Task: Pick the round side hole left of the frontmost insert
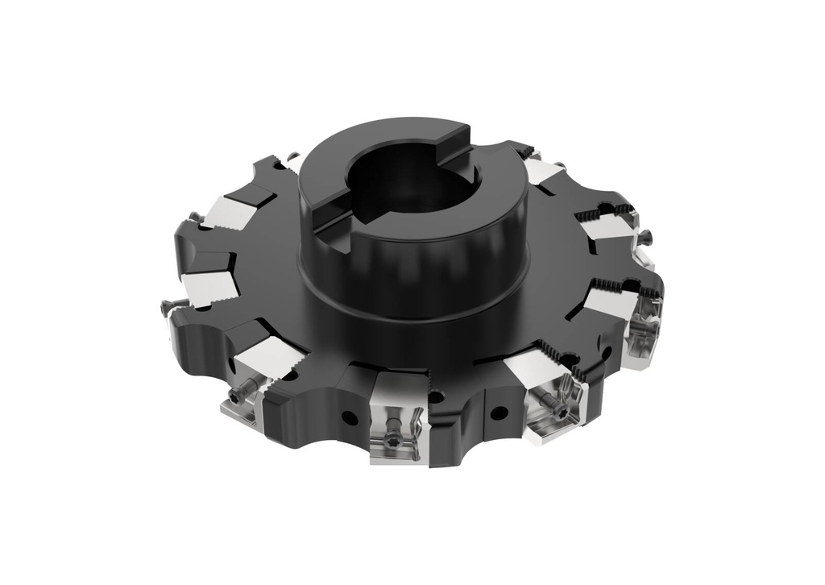349,417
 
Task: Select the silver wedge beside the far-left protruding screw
208,286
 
